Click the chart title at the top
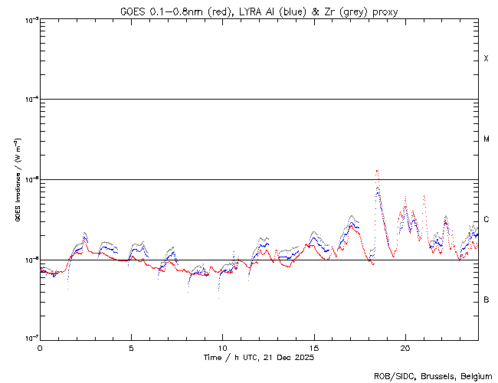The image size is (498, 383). click(258, 11)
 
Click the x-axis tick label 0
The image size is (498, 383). click(40, 347)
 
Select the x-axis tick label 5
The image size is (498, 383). click(131, 347)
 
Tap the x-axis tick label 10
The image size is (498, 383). click(222, 347)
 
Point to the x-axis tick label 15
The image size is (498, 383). click(313, 347)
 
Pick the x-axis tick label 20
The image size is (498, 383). click(405, 347)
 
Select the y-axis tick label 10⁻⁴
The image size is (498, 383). click(30, 100)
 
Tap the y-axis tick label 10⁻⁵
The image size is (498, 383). click(30, 180)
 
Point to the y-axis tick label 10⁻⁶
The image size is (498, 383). click(30, 260)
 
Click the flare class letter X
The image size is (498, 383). click(487, 59)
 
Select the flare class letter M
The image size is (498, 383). click(487, 139)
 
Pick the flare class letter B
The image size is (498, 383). click(487, 300)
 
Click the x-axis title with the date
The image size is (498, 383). click(258, 358)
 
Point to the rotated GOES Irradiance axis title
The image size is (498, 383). click(16, 180)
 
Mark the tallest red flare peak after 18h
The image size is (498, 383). click(376, 171)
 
